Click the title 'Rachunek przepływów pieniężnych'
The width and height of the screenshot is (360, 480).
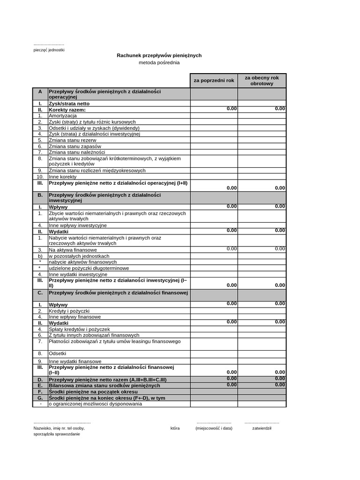(x=159, y=55)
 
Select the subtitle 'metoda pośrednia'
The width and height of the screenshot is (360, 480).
(x=159, y=63)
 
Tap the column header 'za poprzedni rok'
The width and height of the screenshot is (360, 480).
(x=214, y=81)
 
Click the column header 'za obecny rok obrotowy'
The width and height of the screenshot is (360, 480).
(x=262, y=81)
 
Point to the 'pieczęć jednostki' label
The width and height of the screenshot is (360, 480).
(x=49, y=50)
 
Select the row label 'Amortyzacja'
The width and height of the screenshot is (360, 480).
(x=63, y=116)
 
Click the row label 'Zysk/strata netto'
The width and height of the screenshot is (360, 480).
(x=69, y=104)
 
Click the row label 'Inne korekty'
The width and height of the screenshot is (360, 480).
(x=62, y=177)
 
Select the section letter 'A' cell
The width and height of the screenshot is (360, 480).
(x=40, y=92)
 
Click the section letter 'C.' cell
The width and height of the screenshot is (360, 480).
(x=40, y=293)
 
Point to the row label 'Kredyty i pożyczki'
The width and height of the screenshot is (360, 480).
(x=69, y=311)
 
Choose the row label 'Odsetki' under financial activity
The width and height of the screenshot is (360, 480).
(x=58, y=353)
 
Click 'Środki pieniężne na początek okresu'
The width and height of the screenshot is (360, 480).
(x=93, y=391)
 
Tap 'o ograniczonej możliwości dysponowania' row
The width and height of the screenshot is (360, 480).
(x=95, y=404)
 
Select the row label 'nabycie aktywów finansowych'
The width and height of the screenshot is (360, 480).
(x=82, y=262)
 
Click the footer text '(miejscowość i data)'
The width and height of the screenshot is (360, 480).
(x=214, y=428)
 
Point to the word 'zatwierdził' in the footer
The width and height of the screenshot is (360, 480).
(x=262, y=428)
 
